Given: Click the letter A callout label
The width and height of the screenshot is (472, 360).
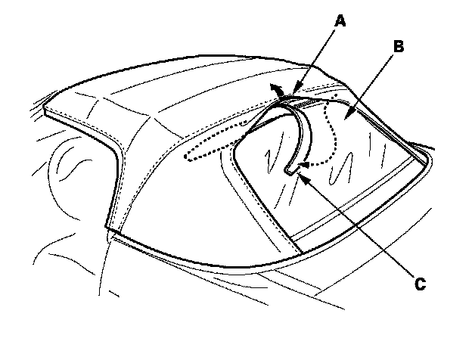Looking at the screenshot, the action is coord(340,22).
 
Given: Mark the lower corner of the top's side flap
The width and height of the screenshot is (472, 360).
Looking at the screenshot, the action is coord(108,228).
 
